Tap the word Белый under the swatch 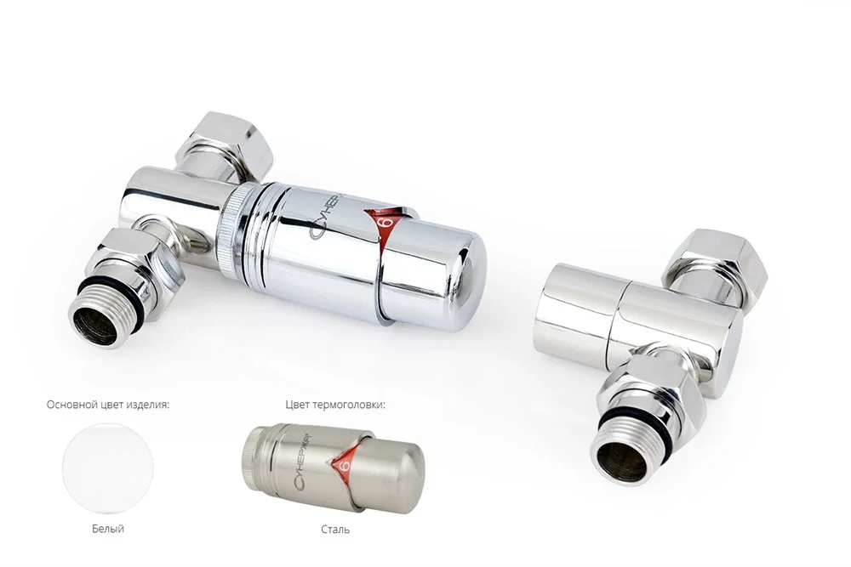click(108, 529)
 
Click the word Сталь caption click(335, 529)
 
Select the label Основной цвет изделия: click(108, 405)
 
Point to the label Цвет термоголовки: click(335, 405)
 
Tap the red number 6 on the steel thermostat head click(343, 464)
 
